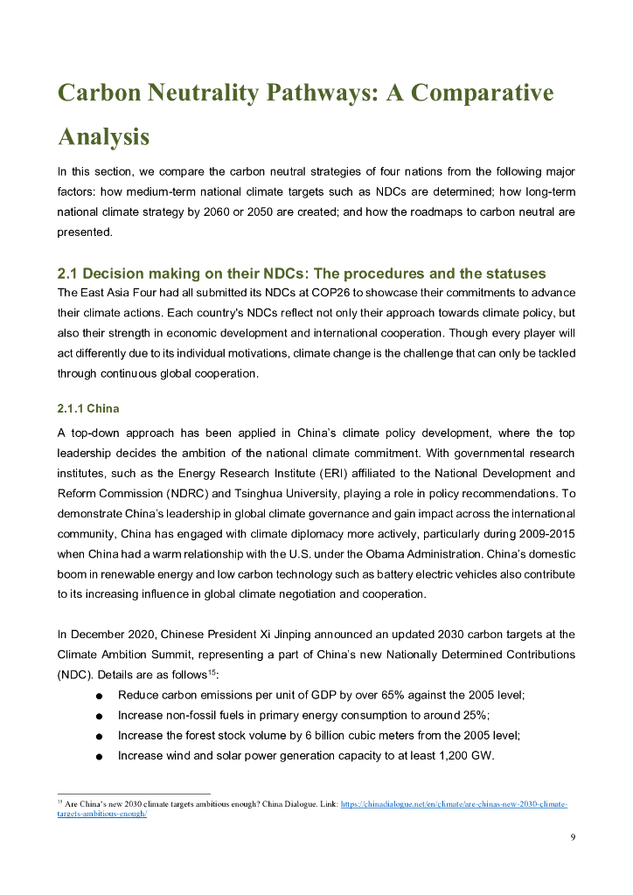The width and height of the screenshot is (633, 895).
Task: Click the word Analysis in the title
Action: (x=103, y=137)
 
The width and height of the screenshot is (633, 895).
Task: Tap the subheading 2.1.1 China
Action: (x=88, y=408)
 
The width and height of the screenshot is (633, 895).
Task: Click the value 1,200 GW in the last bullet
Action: (x=464, y=755)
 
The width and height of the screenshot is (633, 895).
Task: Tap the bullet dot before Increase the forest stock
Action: (x=100, y=737)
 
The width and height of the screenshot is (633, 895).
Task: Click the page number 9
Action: (x=573, y=837)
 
